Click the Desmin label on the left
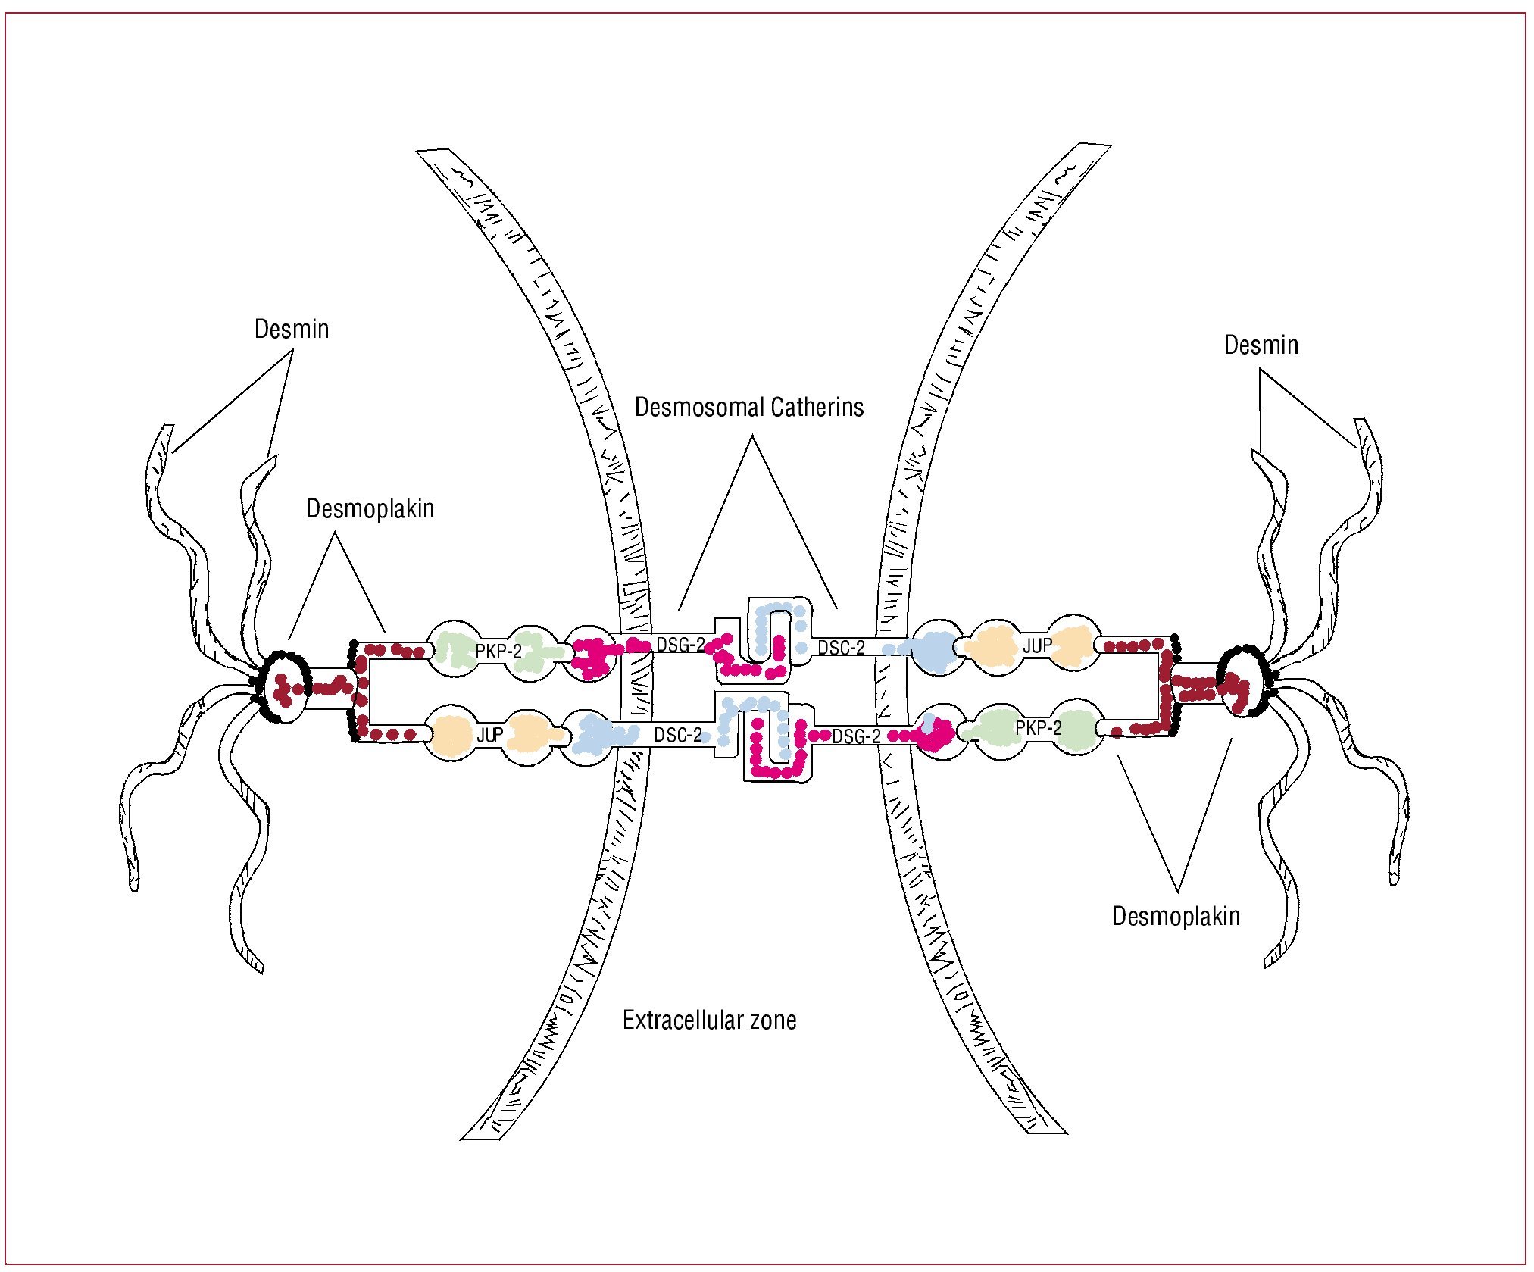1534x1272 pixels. click(292, 330)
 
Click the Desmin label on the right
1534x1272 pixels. click(1261, 345)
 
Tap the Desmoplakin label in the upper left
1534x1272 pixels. click(370, 508)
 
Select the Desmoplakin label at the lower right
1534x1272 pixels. click(1176, 916)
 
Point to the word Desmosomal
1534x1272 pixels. click(692, 408)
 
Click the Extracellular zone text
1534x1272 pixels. click(709, 1020)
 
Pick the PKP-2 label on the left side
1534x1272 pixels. click(498, 652)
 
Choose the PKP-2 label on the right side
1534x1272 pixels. click(1039, 728)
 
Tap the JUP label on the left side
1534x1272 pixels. click(490, 735)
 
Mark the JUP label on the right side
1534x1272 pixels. click(1037, 646)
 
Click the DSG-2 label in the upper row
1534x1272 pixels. click(680, 645)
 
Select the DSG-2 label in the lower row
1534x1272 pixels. click(856, 736)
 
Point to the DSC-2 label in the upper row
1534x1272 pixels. click(841, 648)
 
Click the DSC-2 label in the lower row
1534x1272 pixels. click(678, 735)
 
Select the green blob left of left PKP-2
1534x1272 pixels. click(453, 650)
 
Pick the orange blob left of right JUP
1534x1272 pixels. click(993, 646)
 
